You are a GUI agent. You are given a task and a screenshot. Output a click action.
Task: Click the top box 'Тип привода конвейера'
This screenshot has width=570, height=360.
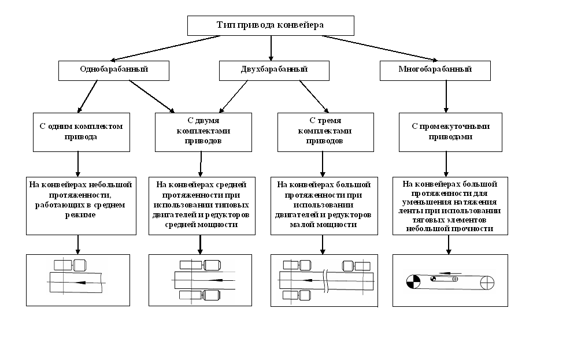click(x=271, y=25)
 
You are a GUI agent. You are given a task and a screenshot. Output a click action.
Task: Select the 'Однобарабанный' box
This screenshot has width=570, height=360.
click(x=114, y=70)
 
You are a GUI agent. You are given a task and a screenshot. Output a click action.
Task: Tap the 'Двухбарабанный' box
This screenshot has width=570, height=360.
click(x=274, y=70)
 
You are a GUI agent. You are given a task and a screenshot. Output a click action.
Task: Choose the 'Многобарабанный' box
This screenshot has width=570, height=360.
click(x=435, y=70)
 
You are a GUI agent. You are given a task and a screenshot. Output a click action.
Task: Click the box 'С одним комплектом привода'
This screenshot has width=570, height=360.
click(x=82, y=132)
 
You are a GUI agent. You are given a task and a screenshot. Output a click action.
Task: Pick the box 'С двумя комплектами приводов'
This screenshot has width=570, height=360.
click(x=203, y=132)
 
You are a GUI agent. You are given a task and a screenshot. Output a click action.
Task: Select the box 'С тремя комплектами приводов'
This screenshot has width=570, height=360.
click(x=325, y=132)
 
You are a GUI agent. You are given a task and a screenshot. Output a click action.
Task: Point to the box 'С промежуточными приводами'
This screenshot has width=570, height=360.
click(x=450, y=132)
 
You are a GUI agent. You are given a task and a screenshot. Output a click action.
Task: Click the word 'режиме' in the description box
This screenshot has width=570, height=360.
click(x=80, y=215)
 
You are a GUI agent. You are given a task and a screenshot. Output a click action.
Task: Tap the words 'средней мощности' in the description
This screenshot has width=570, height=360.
click(x=201, y=225)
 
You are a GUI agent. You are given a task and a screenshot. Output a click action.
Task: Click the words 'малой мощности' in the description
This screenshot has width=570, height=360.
click(x=323, y=225)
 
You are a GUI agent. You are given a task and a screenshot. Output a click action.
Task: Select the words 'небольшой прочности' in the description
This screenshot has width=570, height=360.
click(x=450, y=229)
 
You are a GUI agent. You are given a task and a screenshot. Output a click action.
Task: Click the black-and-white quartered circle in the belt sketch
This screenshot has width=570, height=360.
click(x=413, y=282)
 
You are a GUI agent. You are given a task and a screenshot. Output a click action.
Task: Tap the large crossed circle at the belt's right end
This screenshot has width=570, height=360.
click(x=487, y=283)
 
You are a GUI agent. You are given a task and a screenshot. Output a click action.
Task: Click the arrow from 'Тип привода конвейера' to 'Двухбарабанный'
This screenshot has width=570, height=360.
click(x=271, y=48)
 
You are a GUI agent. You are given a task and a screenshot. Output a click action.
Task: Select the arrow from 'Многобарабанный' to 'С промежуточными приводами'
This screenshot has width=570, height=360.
click(x=446, y=97)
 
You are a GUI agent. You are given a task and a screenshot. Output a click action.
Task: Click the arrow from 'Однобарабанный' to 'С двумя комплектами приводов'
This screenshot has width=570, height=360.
click(x=152, y=97)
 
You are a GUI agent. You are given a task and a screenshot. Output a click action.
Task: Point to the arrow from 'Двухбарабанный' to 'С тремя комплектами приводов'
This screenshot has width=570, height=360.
click(x=314, y=97)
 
